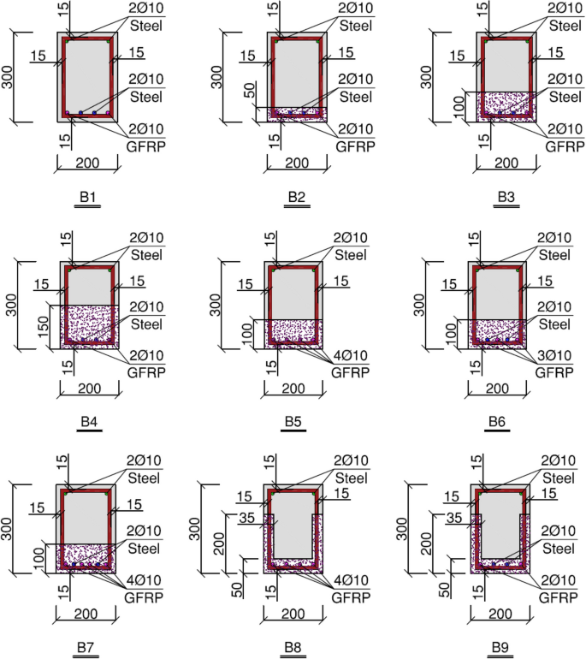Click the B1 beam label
pos(87,197)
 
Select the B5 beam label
pos(293,421)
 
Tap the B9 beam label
pos(500,647)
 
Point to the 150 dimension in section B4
pos(44,327)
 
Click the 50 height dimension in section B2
pos(250,90)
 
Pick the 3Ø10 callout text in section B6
pos(554,355)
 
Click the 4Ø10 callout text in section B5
pos(351,355)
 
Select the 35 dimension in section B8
pos(246,518)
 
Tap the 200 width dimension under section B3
pos(506,163)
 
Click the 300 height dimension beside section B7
pos(7,529)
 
